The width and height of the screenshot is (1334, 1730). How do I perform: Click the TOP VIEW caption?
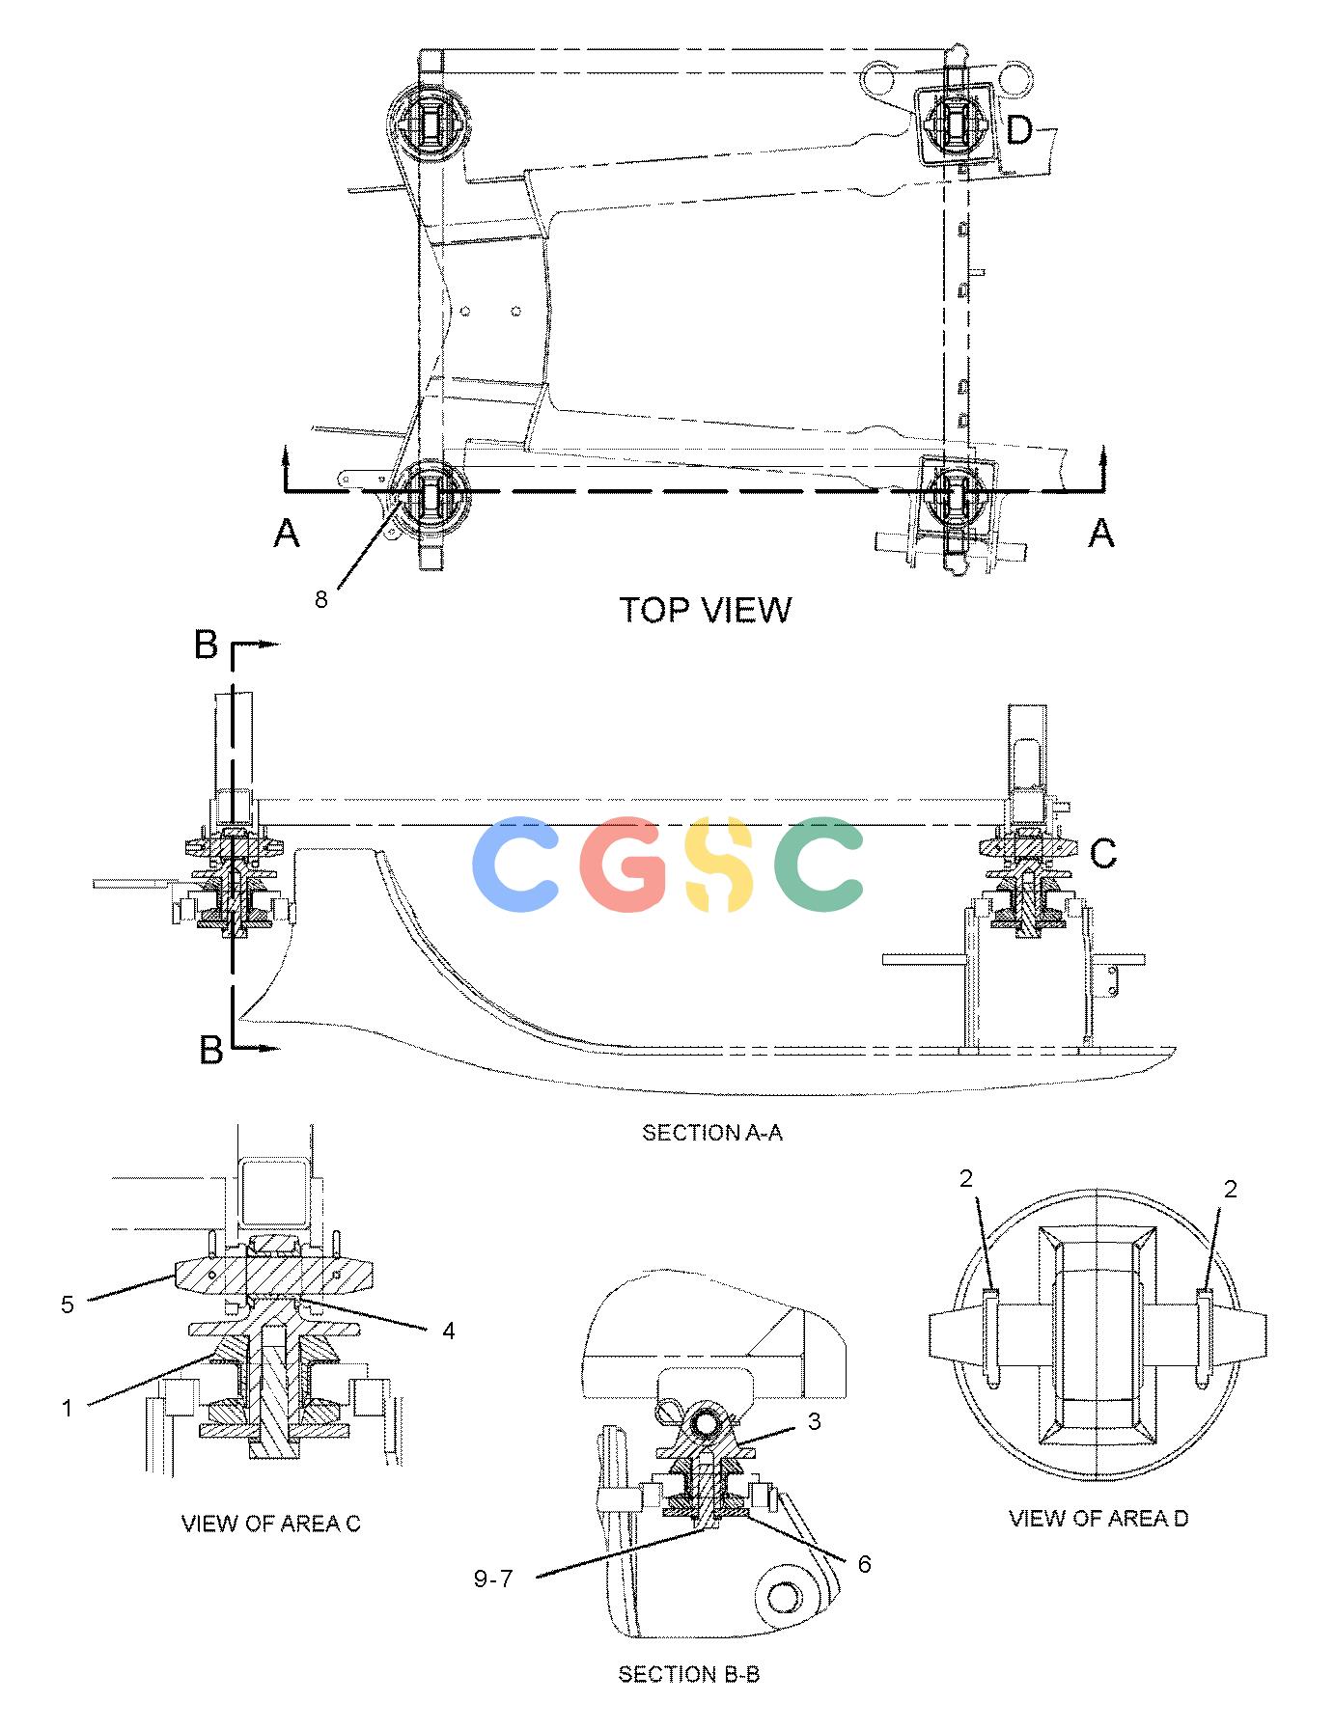[705, 610]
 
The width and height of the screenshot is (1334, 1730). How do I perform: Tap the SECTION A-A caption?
[712, 1133]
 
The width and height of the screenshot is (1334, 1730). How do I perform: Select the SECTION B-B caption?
[689, 1674]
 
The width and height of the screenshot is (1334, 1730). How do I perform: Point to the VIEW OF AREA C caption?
[271, 1524]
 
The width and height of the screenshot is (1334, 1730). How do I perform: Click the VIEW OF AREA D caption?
[1098, 1519]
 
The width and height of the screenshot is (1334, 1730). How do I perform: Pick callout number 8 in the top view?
[321, 599]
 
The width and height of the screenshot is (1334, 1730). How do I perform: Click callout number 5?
[68, 1305]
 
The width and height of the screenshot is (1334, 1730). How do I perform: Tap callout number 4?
[449, 1332]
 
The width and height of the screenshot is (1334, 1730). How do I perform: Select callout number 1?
[68, 1409]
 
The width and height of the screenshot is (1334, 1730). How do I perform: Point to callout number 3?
[815, 1422]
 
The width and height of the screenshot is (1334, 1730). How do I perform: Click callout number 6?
[864, 1564]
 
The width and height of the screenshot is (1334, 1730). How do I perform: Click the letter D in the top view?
[1019, 130]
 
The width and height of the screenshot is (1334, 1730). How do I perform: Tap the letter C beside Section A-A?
[1103, 853]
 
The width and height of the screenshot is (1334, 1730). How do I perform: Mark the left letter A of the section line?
[287, 533]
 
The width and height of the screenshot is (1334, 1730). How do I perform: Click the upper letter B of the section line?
[207, 645]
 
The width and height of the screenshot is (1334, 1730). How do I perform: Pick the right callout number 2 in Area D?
[1230, 1190]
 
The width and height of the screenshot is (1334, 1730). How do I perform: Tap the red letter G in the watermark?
[628, 865]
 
